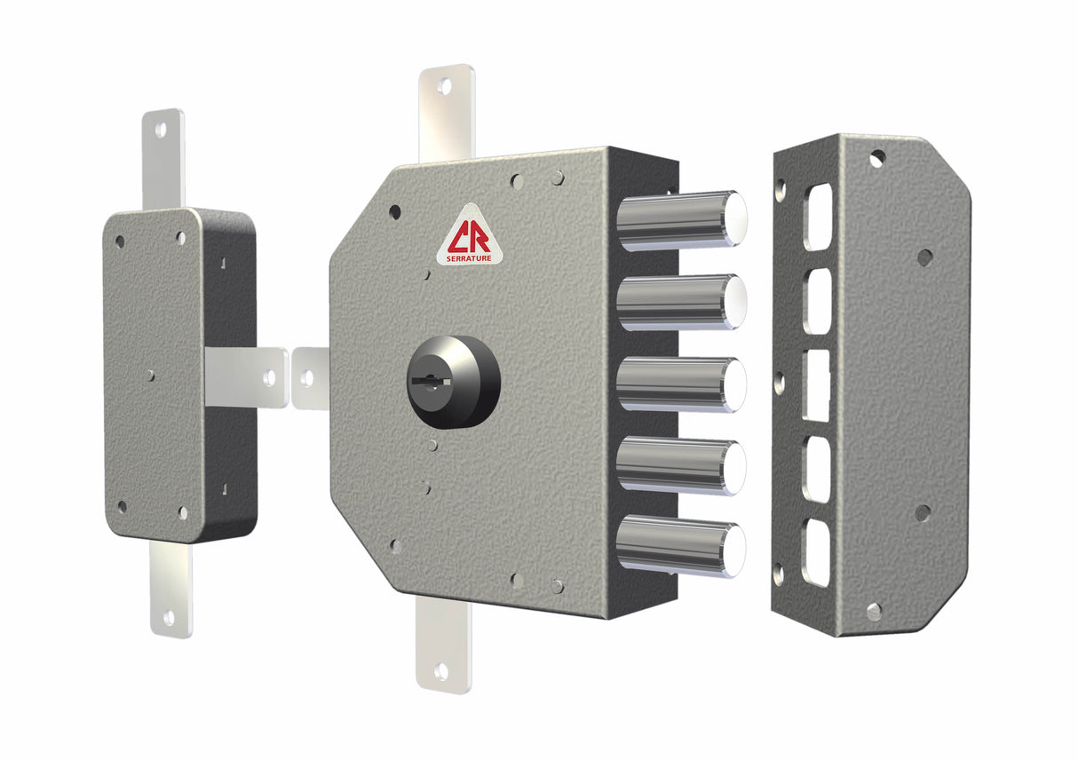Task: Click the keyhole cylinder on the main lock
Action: point(453,381)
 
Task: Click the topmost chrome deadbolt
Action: point(680,220)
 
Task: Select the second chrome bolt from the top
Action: point(680,302)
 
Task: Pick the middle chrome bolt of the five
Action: point(680,384)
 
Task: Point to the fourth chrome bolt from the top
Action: point(680,464)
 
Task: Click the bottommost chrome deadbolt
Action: point(680,544)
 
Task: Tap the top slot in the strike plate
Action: point(818,217)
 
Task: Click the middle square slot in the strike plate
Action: point(816,385)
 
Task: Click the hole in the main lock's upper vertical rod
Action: point(445,87)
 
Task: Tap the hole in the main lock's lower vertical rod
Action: point(441,671)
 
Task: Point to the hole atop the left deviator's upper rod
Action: point(161,130)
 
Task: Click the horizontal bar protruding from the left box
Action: point(247,376)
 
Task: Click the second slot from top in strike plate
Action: point(817,301)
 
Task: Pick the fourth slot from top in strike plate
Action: point(817,469)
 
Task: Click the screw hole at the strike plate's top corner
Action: point(876,158)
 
